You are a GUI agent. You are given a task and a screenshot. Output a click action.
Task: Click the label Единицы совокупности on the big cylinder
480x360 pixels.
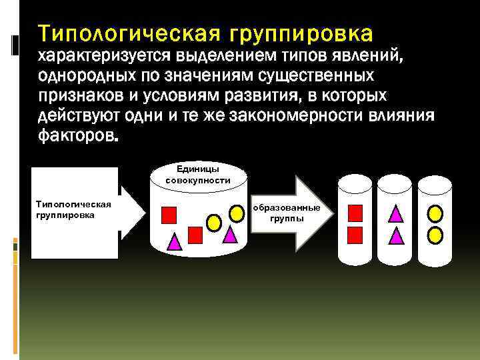(199, 175)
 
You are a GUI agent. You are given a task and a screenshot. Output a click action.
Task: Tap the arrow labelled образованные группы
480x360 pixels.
(287, 213)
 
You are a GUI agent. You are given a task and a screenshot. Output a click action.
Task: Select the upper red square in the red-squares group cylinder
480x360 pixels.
(355, 213)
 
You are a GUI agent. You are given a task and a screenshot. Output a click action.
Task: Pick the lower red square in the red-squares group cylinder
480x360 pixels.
(355, 234)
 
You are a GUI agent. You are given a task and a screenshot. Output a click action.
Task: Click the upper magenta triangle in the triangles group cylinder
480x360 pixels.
(395, 213)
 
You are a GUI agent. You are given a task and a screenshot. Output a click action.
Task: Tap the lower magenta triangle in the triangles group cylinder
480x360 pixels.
(395, 235)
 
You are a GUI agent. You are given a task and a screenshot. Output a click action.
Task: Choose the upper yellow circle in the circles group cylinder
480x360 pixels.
(435, 213)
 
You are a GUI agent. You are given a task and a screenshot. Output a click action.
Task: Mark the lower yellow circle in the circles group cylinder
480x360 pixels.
(435, 235)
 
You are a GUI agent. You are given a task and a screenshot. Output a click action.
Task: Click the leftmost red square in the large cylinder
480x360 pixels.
(169, 214)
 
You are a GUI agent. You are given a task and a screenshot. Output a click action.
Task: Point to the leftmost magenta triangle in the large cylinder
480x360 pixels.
(175, 242)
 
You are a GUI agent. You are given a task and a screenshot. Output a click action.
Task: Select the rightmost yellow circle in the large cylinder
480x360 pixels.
(237, 213)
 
